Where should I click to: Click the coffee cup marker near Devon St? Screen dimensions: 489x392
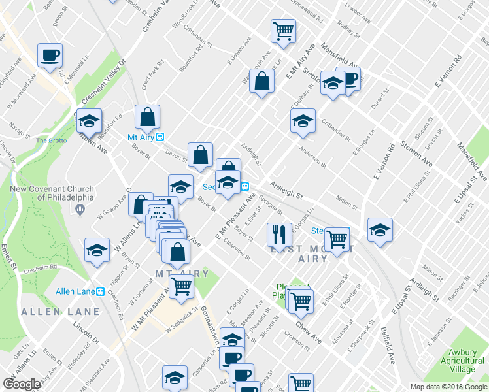click(50, 55)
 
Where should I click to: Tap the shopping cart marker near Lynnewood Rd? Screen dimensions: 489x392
click(283, 30)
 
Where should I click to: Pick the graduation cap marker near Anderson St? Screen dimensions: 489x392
click(303, 121)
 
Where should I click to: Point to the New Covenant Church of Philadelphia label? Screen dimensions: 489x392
click(52, 193)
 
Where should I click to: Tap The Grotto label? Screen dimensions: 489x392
click(50, 140)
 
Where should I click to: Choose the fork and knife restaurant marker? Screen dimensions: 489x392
click(279, 235)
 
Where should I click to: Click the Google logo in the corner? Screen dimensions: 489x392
click(22, 384)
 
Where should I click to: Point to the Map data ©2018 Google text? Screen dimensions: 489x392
click(448, 387)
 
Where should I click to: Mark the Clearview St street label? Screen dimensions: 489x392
click(237, 249)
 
